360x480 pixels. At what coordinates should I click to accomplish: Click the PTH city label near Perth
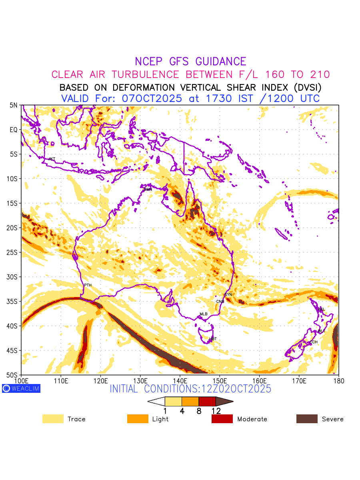88,285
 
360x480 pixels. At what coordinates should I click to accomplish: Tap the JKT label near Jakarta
52,159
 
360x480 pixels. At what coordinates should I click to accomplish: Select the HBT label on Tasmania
213,339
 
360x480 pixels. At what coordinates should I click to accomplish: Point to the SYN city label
228,295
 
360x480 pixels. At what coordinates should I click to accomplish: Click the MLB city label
204,314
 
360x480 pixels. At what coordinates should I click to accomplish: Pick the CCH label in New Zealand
314,342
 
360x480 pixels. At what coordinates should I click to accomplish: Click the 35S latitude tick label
13,302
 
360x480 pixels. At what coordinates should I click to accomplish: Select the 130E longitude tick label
140,380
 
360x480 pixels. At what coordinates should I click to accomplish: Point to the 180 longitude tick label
338,380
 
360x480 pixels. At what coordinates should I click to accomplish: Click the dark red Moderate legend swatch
222,419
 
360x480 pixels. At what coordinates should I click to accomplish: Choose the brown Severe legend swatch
307,419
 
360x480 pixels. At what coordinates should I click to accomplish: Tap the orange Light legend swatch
138,419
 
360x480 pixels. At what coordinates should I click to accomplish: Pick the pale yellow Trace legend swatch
53,419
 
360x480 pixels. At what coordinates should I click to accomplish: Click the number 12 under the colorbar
216,411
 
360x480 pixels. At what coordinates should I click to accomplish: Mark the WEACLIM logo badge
21,388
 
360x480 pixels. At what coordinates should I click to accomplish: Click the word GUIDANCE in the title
220,62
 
